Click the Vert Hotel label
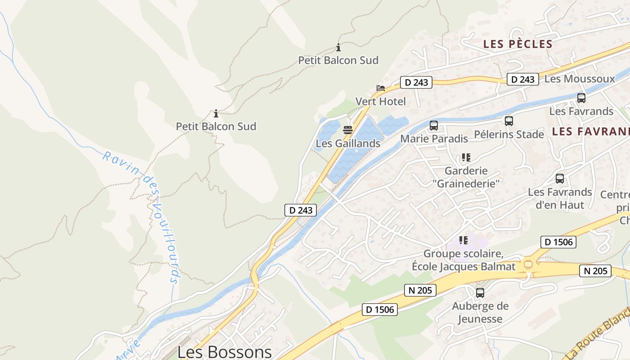[381, 101]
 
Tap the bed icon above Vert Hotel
[381, 88]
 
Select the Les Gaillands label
[348, 144]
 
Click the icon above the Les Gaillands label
[348, 130]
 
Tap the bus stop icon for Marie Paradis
[434, 126]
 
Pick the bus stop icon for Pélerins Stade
[509, 121]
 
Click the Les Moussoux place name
[580, 79]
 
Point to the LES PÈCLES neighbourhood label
[517, 44]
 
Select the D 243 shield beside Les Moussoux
[523, 80]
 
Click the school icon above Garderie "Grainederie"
[466, 157]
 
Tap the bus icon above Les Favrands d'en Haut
[560, 179]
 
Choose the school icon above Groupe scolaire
[463, 240]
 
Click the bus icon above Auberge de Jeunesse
[480, 293]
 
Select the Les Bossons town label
[225, 351]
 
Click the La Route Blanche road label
[598, 333]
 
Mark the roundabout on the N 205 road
[527, 265]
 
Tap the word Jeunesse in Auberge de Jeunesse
[480, 319]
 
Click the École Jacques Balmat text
[463, 266]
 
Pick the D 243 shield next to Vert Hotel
[416, 82]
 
